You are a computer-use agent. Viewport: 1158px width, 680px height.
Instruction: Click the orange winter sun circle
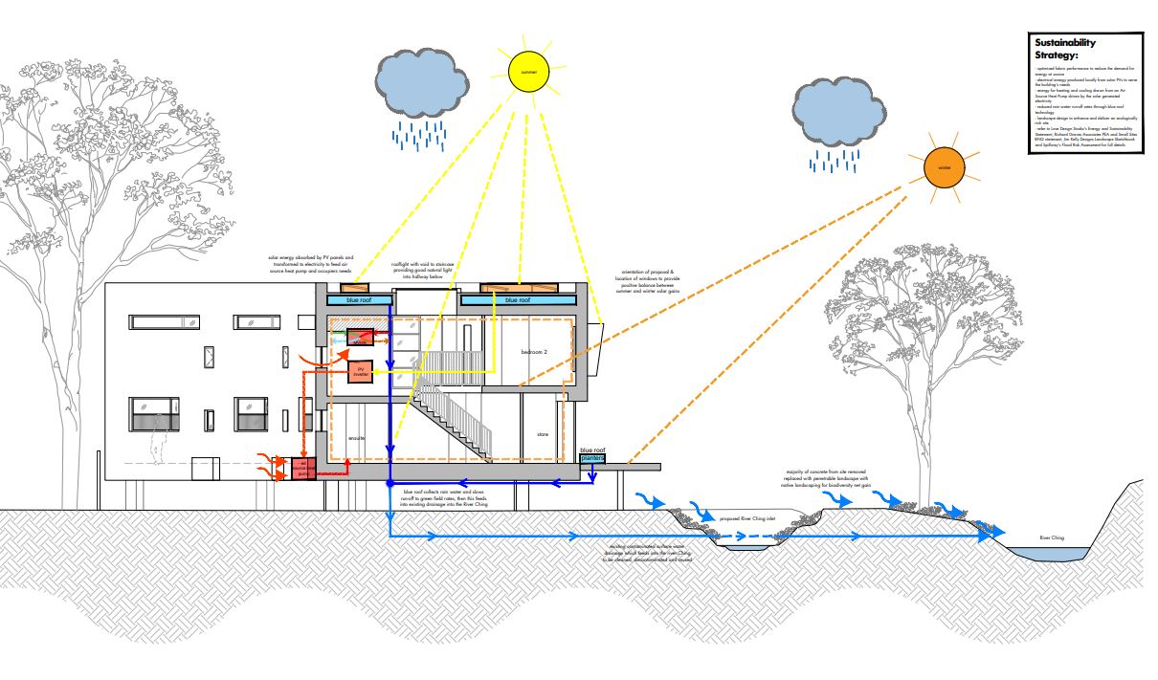click(x=945, y=168)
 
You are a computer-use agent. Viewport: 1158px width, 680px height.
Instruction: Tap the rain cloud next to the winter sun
click(x=839, y=113)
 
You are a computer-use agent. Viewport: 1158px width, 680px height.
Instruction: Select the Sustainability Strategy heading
click(x=1063, y=49)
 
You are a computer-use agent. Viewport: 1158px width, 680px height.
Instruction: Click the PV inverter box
click(x=362, y=372)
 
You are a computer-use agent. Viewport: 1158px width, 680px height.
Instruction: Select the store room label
click(x=543, y=435)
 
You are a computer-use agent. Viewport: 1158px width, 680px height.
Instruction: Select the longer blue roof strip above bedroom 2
click(x=517, y=300)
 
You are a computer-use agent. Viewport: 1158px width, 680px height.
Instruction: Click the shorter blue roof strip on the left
click(x=360, y=300)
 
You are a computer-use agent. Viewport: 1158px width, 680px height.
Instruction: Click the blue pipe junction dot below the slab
click(x=390, y=484)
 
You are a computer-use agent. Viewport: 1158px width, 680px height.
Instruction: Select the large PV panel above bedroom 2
click(x=519, y=286)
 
